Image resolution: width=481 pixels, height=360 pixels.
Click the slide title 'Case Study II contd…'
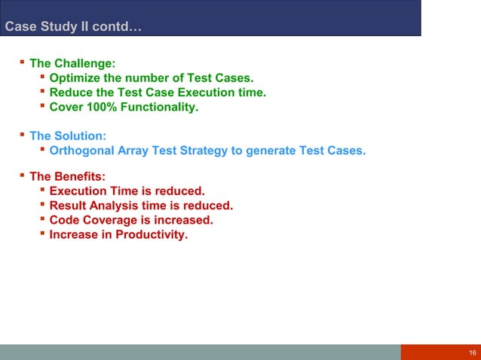(x=72, y=29)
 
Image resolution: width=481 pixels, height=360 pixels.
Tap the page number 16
(x=472, y=353)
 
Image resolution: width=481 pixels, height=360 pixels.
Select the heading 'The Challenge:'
(x=72, y=64)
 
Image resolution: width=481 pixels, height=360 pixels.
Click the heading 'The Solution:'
(x=67, y=136)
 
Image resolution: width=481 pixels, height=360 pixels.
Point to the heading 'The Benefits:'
(x=67, y=177)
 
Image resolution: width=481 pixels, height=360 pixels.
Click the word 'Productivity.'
(x=152, y=234)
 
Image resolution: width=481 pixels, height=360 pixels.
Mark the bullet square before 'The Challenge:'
(x=22, y=63)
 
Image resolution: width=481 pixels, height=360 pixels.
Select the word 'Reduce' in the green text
(x=69, y=93)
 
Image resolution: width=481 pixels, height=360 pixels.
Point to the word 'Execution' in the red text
(x=78, y=191)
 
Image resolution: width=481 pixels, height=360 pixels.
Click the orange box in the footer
(x=440, y=352)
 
